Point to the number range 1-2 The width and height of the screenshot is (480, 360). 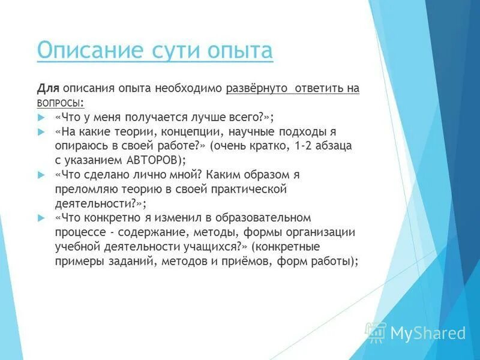(305, 145)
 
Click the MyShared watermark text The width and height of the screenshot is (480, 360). (428, 333)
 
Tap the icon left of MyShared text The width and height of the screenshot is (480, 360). (376, 332)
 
